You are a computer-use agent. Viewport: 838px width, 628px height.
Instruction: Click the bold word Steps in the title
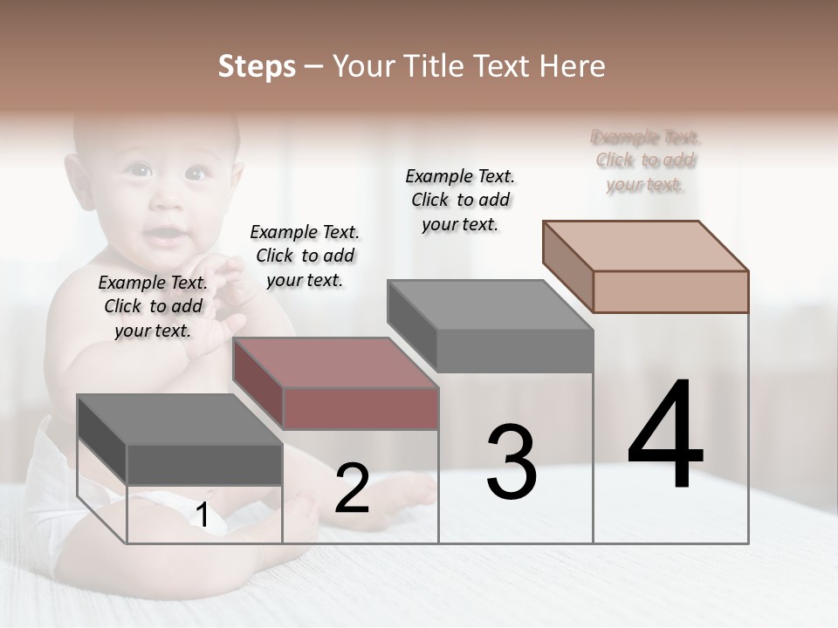pos(257,66)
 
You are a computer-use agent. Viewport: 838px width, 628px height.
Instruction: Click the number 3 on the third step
pos(512,462)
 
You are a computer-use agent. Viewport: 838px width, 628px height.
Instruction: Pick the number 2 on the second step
pos(352,488)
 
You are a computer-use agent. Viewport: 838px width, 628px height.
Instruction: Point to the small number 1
pos(202,515)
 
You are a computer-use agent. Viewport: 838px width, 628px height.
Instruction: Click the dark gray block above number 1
pos(179,440)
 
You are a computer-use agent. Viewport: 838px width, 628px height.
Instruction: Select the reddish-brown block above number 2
pos(336,385)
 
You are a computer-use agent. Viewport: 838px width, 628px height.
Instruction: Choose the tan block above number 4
pos(646,266)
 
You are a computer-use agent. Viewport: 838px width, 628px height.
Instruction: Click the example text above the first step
pos(153,306)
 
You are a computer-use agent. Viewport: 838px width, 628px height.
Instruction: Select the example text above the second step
pos(305,256)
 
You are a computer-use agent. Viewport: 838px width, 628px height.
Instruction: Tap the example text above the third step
pos(460,200)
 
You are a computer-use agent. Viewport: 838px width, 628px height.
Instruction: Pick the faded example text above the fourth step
pos(645,160)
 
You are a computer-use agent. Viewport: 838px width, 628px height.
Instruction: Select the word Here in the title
pos(574,66)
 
